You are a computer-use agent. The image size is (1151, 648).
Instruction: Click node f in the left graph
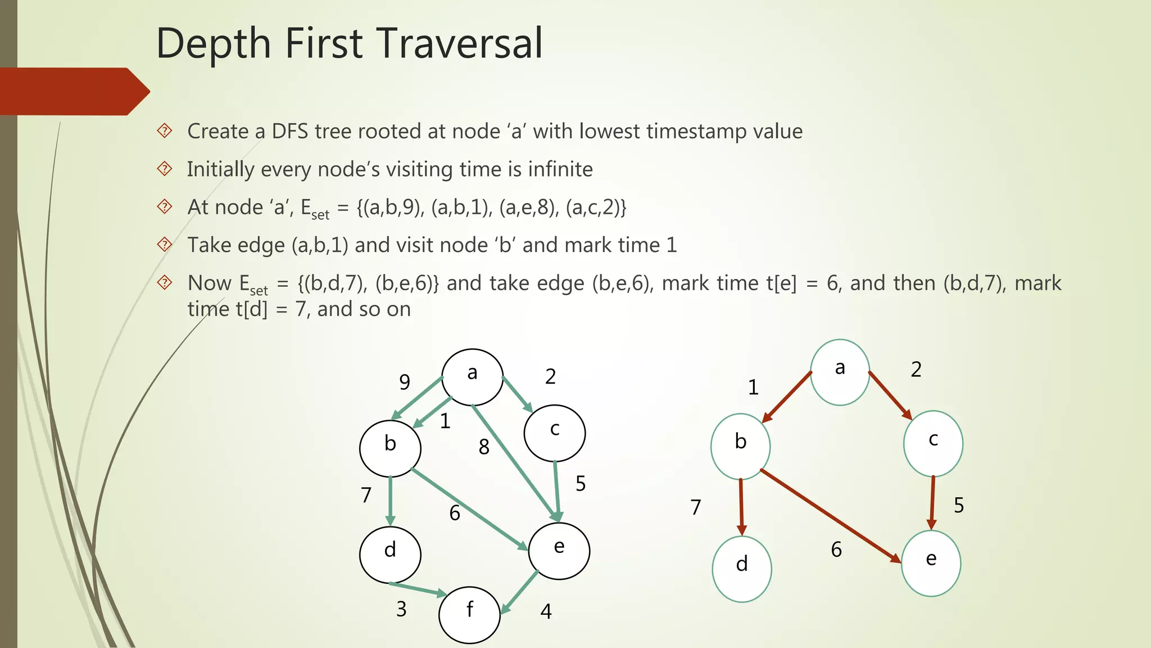pyautogui.click(x=469, y=615)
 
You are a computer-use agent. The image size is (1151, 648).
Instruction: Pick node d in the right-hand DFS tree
pyautogui.click(x=742, y=569)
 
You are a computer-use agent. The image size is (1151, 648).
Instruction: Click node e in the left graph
pyautogui.click(x=559, y=551)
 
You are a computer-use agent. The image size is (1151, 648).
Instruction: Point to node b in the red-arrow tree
pyautogui.click(x=740, y=446)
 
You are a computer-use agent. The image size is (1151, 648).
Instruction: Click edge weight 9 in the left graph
pyautogui.click(x=405, y=382)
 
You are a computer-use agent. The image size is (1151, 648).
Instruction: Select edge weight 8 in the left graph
pyautogui.click(x=484, y=447)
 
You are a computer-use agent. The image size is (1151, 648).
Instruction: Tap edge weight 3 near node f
pyautogui.click(x=401, y=609)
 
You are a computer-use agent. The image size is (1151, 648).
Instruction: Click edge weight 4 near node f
pyautogui.click(x=546, y=611)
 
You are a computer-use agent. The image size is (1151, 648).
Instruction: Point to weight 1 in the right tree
pyautogui.click(x=753, y=388)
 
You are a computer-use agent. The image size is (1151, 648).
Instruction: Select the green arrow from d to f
pyautogui.click(x=418, y=588)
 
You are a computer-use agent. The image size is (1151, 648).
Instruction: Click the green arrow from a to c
pyautogui.click(x=517, y=394)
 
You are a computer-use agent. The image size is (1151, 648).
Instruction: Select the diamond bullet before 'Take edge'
pyautogui.click(x=165, y=245)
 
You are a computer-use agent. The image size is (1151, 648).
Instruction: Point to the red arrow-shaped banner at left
pyautogui.click(x=73, y=91)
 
